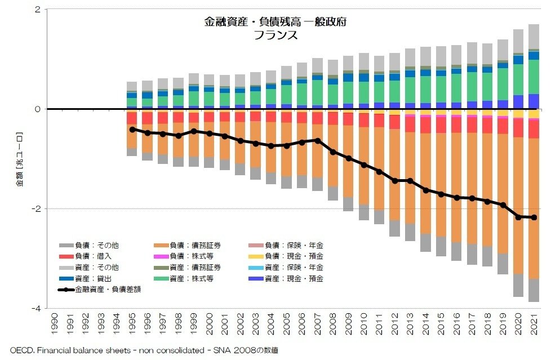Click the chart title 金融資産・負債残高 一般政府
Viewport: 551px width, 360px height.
pos(275,23)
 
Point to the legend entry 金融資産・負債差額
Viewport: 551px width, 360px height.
pos(107,290)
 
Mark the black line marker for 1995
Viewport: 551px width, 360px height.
pos(132,130)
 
